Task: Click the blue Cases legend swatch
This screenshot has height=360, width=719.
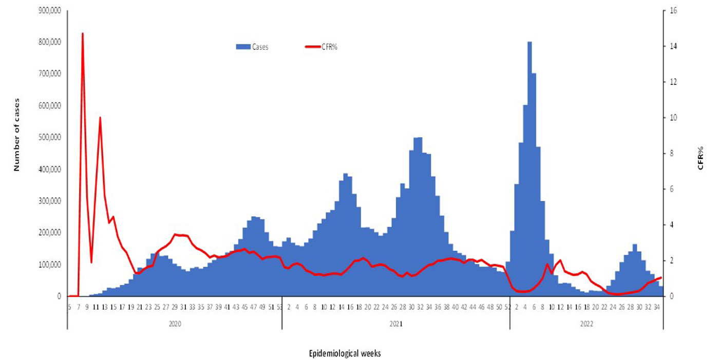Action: pyautogui.click(x=242, y=47)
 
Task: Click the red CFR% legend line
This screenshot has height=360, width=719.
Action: pyautogui.click(x=313, y=47)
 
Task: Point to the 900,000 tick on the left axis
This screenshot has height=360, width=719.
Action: pyautogui.click(x=49, y=10)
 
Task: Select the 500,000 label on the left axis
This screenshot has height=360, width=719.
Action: pyautogui.click(x=49, y=138)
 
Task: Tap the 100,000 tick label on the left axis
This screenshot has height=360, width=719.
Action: pyautogui.click(x=49, y=264)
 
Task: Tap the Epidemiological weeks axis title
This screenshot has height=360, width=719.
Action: pyautogui.click(x=345, y=354)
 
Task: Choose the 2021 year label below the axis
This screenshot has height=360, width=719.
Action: pyautogui.click(x=395, y=325)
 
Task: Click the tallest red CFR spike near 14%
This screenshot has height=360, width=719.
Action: pyautogui.click(x=83, y=34)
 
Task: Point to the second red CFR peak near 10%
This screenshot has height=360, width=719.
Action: pyautogui.click(x=100, y=118)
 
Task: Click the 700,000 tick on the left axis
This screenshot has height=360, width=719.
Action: pyautogui.click(x=49, y=74)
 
